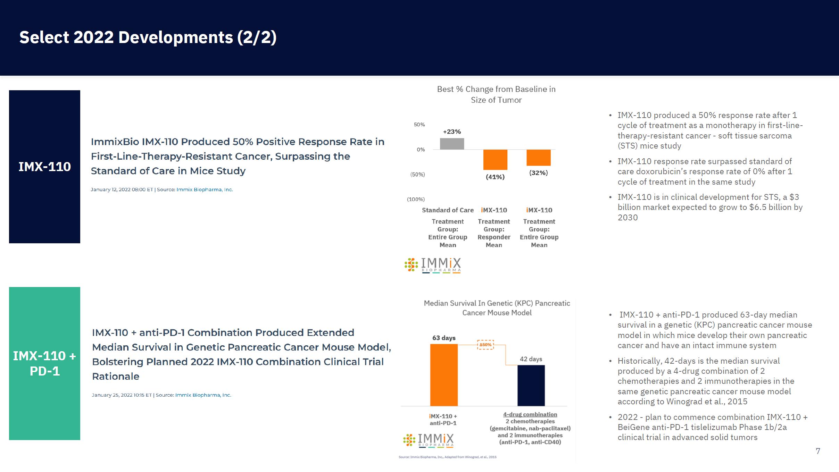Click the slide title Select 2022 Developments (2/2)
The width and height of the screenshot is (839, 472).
click(x=148, y=37)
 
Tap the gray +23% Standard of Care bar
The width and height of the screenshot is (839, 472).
click(x=452, y=144)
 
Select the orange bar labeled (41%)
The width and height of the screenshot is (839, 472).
click(x=495, y=160)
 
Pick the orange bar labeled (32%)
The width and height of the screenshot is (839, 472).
click(x=538, y=158)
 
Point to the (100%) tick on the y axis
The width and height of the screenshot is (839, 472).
click(x=416, y=199)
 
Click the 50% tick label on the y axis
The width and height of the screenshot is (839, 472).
click(x=419, y=125)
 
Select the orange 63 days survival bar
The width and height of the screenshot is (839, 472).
click(x=444, y=375)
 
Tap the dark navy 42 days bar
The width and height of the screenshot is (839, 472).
click(x=531, y=385)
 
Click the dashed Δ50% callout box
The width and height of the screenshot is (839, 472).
click(x=485, y=345)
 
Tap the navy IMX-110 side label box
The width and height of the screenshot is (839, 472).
click(x=44, y=167)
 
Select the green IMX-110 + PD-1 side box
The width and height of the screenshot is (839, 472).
click(x=44, y=363)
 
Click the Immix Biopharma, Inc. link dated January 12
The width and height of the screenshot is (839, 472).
click(x=205, y=189)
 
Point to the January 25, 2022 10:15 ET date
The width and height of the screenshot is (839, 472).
click(x=122, y=395)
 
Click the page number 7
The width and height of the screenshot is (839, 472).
click(x=818, y=451)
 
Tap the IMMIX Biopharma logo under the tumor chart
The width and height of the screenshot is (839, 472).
click(x=433, y=265)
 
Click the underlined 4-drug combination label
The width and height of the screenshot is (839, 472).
click(x=530, y=414)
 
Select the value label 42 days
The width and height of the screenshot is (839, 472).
click(x=531, y=359)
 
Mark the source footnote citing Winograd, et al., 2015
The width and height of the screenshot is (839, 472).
click(x=447, y=457)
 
